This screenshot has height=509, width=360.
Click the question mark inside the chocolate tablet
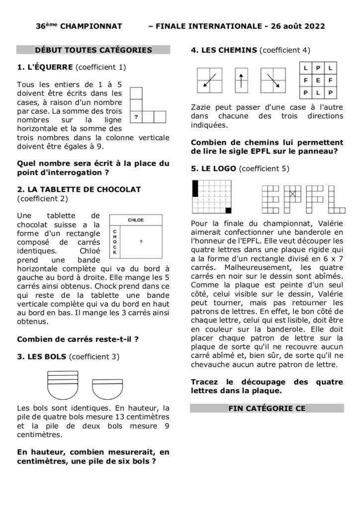[141, 242]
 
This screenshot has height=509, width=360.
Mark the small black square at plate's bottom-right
[229, 210]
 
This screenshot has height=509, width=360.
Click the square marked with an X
[292, 194]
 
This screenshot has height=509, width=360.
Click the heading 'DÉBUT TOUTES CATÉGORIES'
[93, 50]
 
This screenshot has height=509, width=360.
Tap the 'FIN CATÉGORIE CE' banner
[267, 408]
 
